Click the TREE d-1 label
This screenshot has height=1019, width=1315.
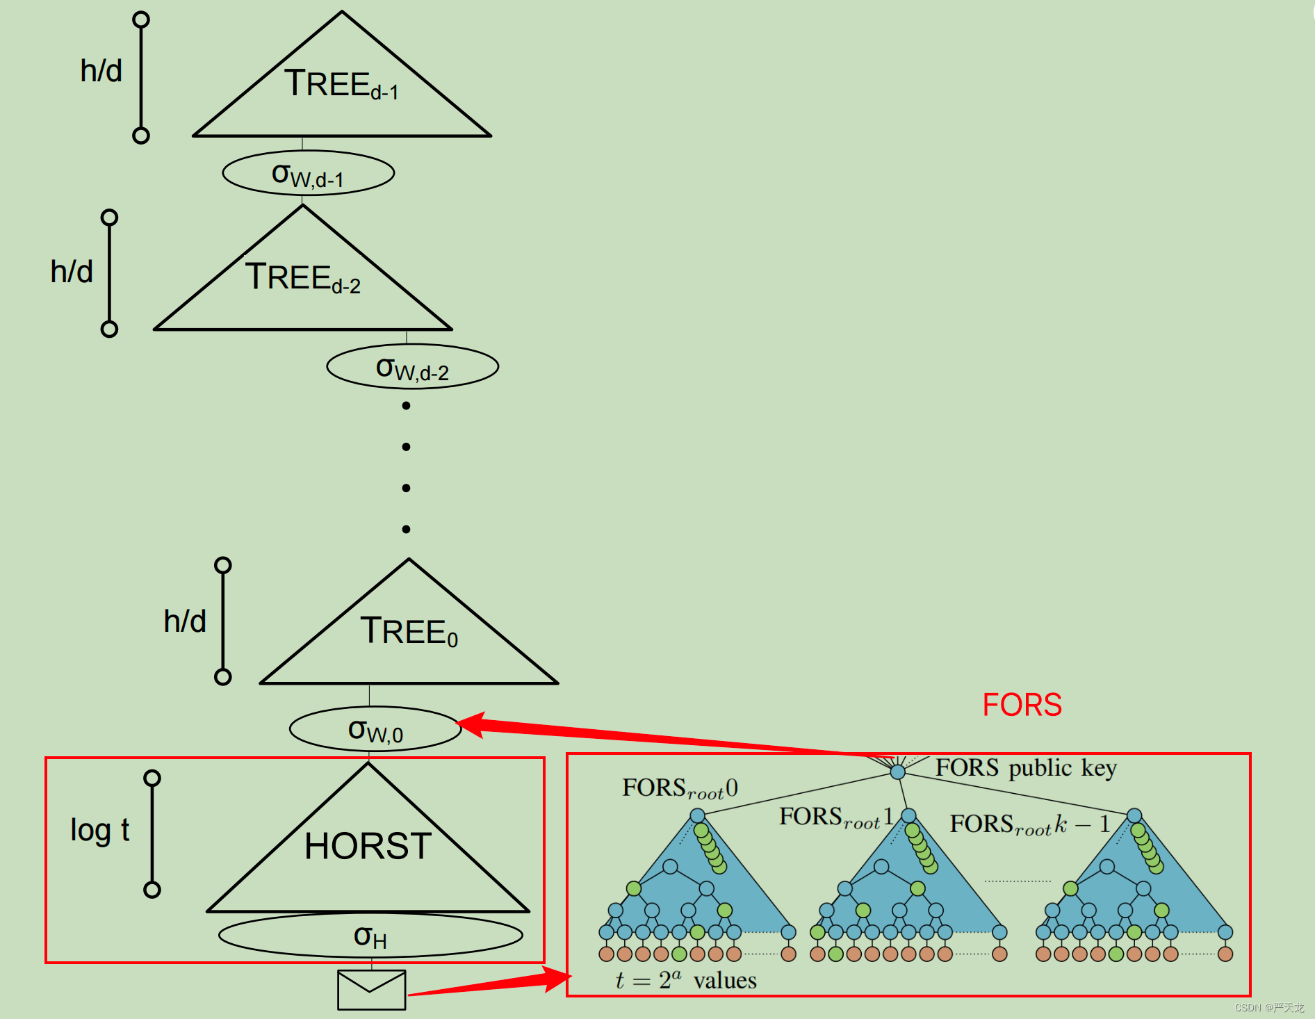[341, 85]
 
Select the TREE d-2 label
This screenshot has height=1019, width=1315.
[302, 278]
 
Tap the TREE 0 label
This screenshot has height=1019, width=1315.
[409, 632]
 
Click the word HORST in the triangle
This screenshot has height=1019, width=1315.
[368, 846]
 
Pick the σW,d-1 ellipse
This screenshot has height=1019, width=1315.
[308, 174]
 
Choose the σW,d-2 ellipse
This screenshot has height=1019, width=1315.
[412, 367]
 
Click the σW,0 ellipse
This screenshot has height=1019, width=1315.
[375, 730]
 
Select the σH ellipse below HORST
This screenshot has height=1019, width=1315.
[370, 936]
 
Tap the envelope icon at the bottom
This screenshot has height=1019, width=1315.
[371, 990]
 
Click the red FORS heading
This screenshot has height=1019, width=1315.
[1022, 705]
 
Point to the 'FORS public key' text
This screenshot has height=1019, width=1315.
[1026, 768]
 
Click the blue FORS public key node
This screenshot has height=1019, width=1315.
[897, 772]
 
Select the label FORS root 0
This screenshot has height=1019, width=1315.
[679, 789]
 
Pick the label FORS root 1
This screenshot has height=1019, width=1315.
[835, 817]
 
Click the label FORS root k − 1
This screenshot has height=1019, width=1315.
[1029, 825]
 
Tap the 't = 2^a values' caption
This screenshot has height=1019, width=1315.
[685, 980]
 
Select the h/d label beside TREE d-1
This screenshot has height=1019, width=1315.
[101, 72]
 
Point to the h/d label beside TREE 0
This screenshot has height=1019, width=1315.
[185, 621]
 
